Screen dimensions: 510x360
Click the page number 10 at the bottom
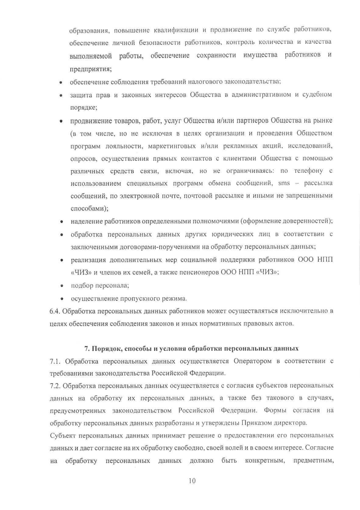tap(192, 481)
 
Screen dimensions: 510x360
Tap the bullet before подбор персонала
tap(62, 286)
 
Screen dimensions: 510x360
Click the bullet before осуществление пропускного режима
tap(62, 299)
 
